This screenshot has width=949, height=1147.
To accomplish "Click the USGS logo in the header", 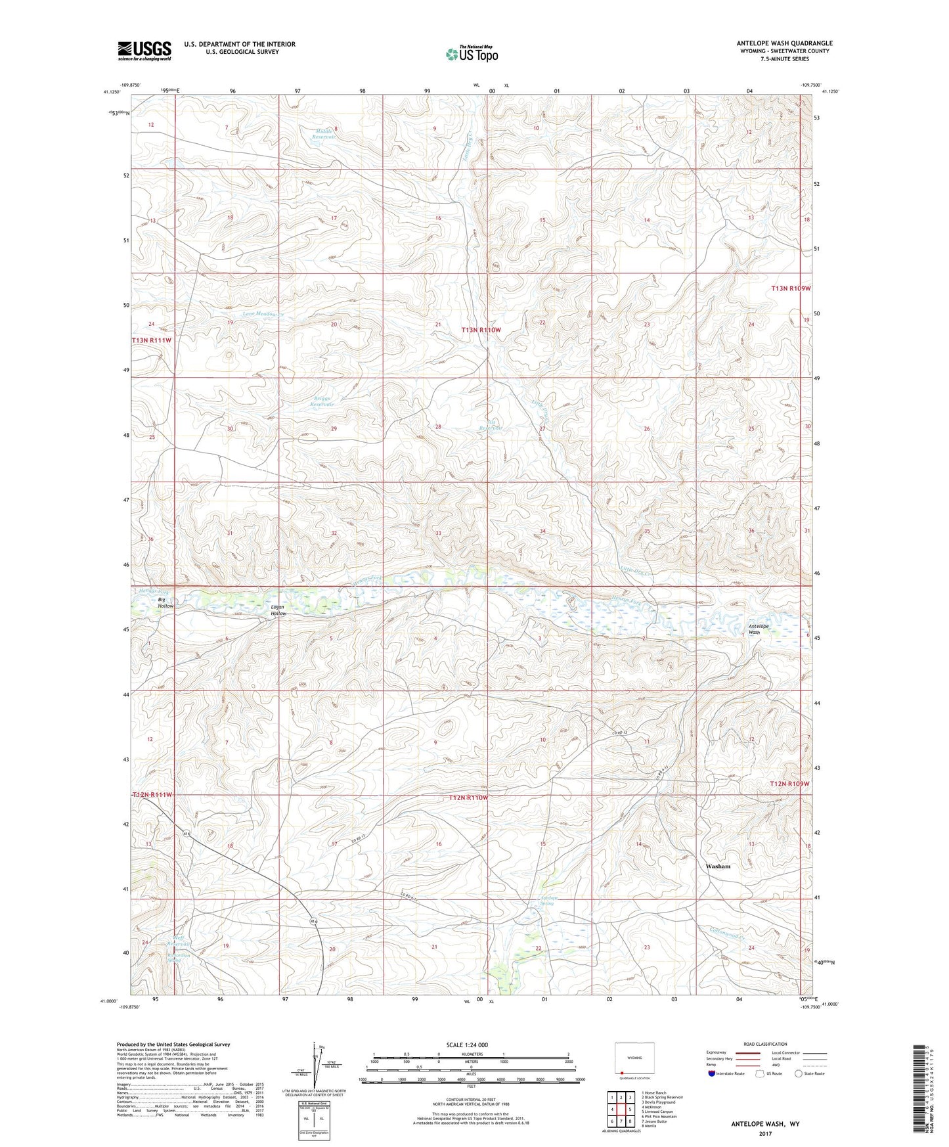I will (144, 51).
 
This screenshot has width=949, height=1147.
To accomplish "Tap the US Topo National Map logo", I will (472, 54).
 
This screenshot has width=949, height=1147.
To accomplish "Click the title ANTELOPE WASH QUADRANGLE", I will (784, 43).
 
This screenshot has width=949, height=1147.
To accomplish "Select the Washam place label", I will (718, 866).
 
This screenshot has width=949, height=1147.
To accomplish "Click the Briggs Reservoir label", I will (322, 401).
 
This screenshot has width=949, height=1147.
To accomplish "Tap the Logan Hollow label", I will (278, 610).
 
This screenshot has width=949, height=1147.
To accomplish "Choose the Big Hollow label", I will (165, 602).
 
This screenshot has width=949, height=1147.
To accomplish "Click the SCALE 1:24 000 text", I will (467, 1045).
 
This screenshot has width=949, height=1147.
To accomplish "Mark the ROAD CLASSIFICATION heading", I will (766, 1044).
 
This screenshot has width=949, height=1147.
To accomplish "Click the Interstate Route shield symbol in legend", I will (712, 1073).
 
